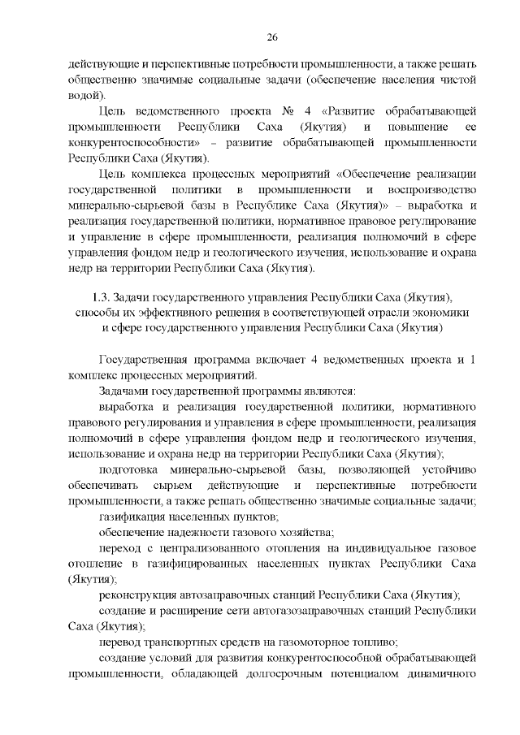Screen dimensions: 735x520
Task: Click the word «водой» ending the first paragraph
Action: pos(84,95)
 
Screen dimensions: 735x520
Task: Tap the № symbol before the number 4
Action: pos(287,110)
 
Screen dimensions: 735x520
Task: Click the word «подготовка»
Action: pos(129,469)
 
